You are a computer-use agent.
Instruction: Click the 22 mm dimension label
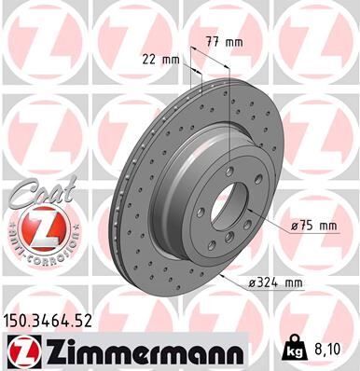click(159, 59)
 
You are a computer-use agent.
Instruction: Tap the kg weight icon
click(294, 350)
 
